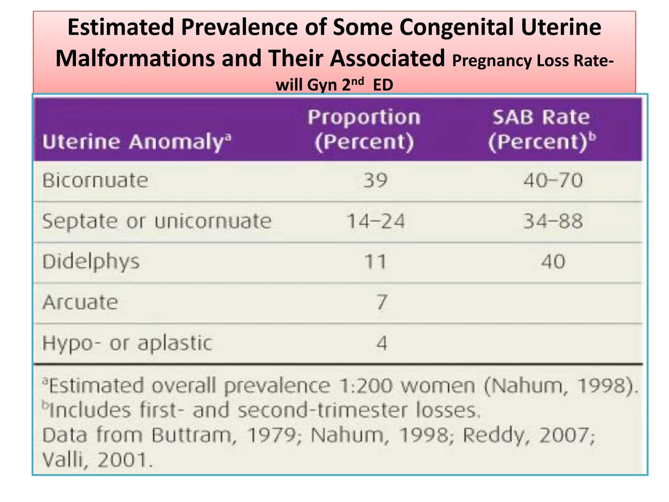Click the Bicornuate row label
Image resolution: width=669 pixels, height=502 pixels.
coord(95,180)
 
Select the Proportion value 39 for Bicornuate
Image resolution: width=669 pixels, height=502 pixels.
coord(375,180)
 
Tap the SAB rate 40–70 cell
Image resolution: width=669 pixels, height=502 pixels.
coord(553,180)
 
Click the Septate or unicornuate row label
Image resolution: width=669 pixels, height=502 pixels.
coord(157,221)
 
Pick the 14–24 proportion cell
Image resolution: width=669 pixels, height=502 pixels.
coord(375,221)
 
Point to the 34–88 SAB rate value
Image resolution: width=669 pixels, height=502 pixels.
coord(553,221)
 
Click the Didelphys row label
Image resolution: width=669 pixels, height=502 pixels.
coord(91,262)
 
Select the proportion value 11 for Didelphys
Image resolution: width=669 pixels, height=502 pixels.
coord(375,262)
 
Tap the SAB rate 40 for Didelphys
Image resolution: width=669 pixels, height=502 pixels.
coord(553,262)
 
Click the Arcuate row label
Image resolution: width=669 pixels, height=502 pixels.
coord(80,302)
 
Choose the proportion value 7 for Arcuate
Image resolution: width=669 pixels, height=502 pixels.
coord(382,302)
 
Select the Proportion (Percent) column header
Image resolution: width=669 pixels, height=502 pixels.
coord(364,130)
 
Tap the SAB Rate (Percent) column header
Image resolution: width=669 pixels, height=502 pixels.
coord(541,130)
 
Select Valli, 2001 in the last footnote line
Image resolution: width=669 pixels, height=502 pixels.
coord(97,460)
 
